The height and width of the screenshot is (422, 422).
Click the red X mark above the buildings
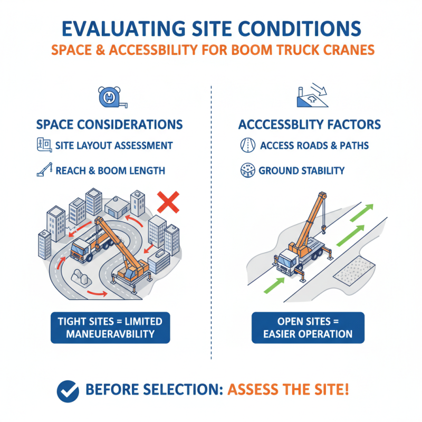coord(168,202)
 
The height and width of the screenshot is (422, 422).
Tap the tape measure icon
coord(112,97)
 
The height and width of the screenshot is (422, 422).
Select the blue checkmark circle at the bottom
coord(68,391)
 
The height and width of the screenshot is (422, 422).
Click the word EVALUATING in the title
coord(124,28)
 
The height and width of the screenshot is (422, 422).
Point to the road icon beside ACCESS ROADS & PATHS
coord(247,146)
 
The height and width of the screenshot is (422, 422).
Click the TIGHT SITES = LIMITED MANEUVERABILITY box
coord(110,328)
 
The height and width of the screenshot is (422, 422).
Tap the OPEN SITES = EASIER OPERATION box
coord(308,328)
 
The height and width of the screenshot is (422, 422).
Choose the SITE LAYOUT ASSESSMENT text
coord(114,146)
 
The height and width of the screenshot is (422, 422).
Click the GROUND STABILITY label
coord(301,170)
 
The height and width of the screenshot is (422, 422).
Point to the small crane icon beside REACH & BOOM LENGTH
coord(44,170)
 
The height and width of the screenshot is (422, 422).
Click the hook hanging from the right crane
coord(323,229)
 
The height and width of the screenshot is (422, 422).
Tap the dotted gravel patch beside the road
coord(354,271)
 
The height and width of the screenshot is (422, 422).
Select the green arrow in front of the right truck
coord(274,285)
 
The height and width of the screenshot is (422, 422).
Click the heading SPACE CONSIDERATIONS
coord(110,124)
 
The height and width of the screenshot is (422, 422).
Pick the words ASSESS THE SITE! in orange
coord(288,390)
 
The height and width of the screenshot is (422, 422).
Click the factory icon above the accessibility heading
coord(312,95)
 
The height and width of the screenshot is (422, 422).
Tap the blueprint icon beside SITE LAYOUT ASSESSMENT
coord(44,145)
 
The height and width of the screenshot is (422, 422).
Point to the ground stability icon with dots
coord(247,170)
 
